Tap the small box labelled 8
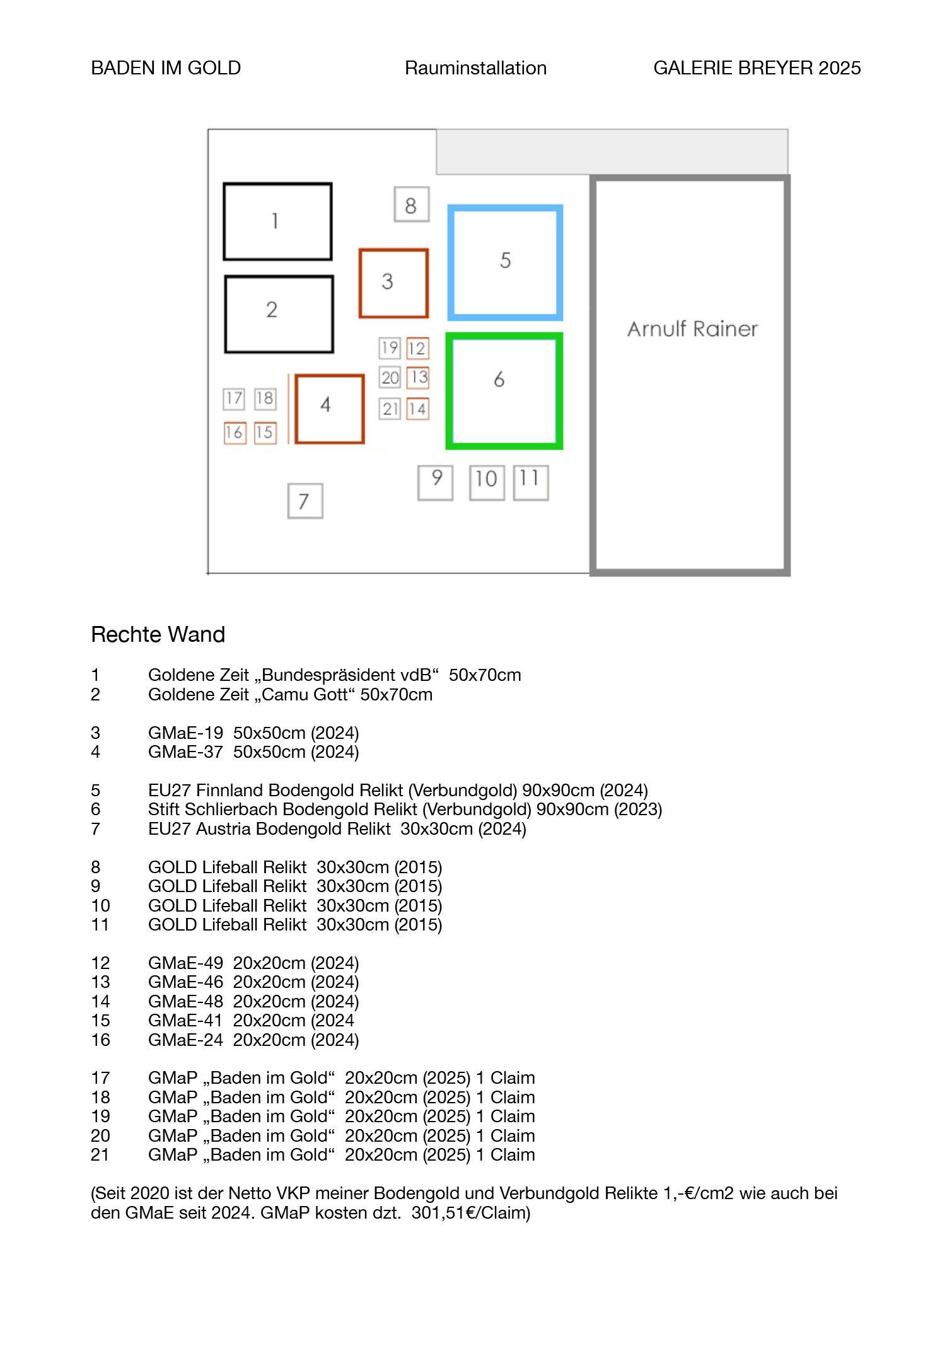[396, 204]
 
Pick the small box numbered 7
[289, 501]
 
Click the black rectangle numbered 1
[225, 221]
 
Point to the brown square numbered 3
[361, 283]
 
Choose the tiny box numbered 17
[224, 398]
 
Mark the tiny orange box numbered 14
[407, 409]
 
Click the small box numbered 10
[471, 483]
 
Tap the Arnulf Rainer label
[692, 328]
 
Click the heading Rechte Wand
[158, 634]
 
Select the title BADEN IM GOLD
[166, 68]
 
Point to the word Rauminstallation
[475, 68]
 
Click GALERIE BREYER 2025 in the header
[757, 68]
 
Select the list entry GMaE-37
[185, 751]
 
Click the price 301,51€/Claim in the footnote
[471, 1212]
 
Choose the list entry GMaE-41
[185, 1020]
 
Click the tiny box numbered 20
[381, 378]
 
